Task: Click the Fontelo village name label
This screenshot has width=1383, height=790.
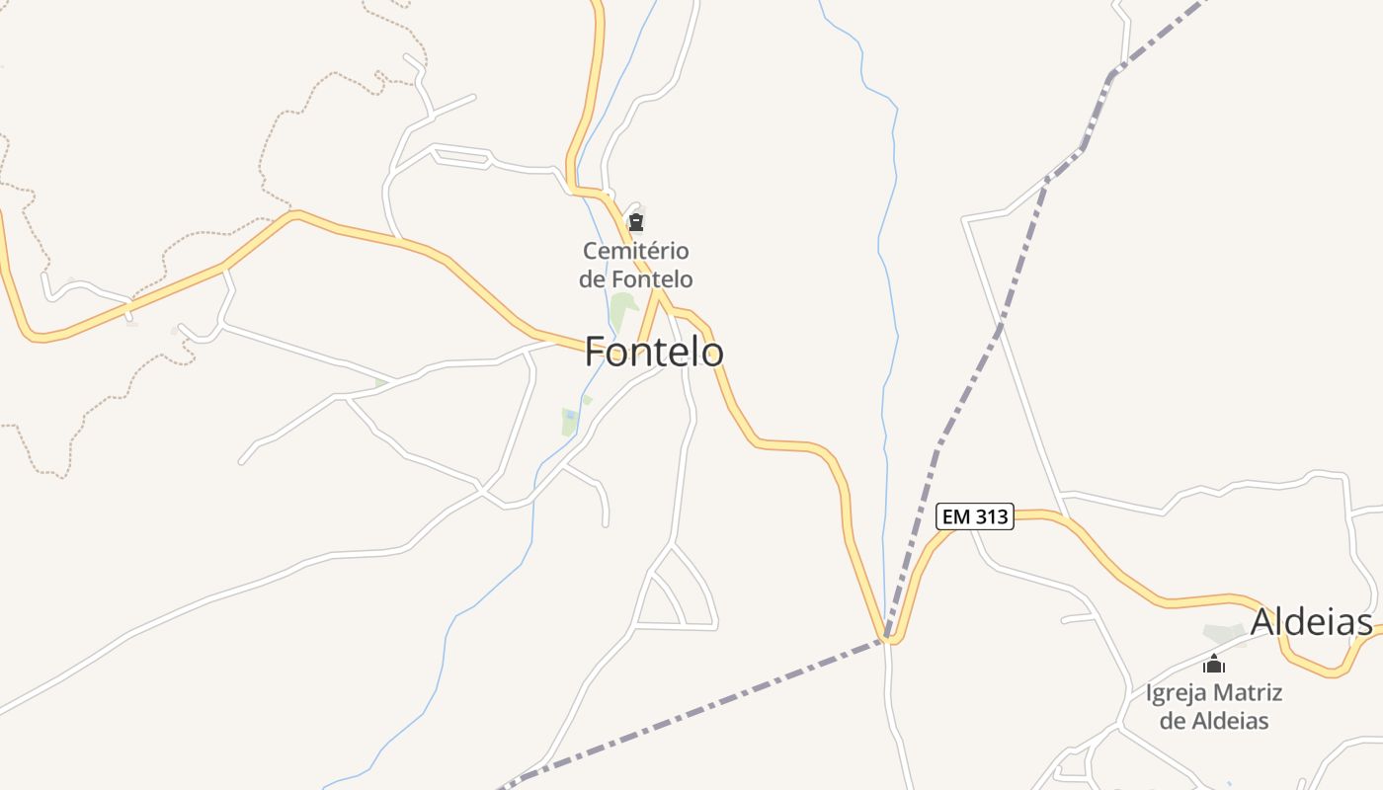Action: point(654,352)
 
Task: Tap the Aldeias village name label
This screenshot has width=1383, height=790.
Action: point(1311,622)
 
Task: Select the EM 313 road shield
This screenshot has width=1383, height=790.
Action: point(975,516)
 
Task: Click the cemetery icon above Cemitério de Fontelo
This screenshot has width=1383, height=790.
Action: point(636,222)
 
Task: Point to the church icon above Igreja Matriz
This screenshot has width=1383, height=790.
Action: point(1214,664)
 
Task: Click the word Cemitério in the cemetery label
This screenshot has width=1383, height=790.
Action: point(636,251)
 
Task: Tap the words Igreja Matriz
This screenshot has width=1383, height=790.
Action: point(1214,692)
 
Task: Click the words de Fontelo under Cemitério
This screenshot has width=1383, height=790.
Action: point(636,279)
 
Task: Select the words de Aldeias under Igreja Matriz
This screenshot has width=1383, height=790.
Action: point(1214,721)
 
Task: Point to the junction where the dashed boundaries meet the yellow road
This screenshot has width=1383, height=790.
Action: point(887,637)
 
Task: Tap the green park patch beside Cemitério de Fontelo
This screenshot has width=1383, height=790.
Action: point(621,309)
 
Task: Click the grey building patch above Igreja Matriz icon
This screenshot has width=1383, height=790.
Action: point(1223,633)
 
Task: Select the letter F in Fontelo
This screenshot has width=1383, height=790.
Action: point(595,352)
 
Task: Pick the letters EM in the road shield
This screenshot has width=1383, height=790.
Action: point(955,516)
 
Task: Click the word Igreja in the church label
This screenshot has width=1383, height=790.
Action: point(1177,692)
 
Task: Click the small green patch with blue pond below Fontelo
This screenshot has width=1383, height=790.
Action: point(569,421)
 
